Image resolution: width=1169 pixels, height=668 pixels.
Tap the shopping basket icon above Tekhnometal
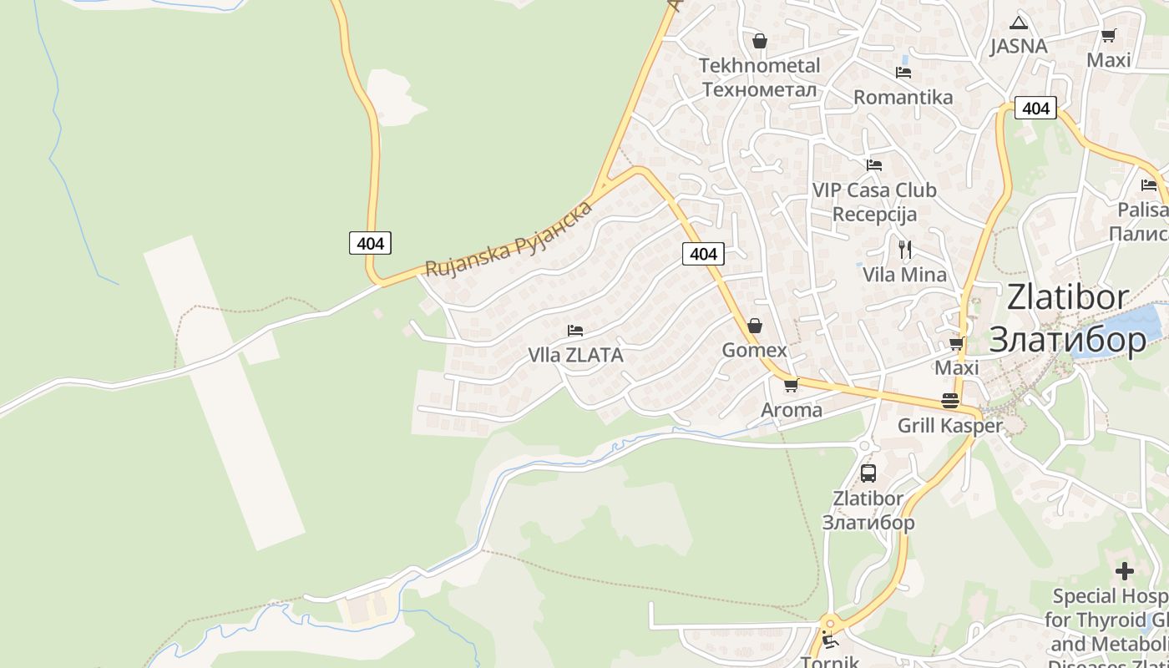pos(760,41)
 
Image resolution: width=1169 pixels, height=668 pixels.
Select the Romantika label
pos(903,97)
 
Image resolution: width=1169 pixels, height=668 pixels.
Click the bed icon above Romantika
pos(903,73)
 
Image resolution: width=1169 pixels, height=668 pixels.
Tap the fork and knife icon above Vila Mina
pos(904,248)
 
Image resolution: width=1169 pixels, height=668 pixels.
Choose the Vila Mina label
pos(904,275)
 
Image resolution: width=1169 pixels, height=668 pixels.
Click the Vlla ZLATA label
pos(575,355)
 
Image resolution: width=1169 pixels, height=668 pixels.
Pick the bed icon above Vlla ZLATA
pos(574,331)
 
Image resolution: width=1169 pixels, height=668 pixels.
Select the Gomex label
pos(754,350)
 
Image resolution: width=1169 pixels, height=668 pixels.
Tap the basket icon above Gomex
pos(755,325)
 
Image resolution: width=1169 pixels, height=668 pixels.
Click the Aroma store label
pos(791,410)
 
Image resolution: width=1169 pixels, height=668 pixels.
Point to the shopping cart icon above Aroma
pos(791,385)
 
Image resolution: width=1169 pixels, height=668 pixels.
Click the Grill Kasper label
pos(949,426)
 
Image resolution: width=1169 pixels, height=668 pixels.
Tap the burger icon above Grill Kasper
pos(949,400)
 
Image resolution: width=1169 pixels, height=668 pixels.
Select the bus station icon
pos(868,473)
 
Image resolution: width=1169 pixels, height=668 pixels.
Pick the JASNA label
pos(1018,46)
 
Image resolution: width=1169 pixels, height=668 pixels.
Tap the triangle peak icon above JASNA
pos(1018,23)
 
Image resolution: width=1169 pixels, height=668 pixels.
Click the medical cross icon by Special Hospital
pos(1125,571)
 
